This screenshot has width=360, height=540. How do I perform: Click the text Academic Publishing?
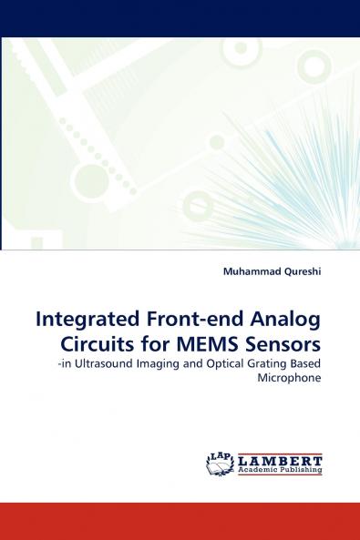281,471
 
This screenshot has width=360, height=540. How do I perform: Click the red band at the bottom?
180,520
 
